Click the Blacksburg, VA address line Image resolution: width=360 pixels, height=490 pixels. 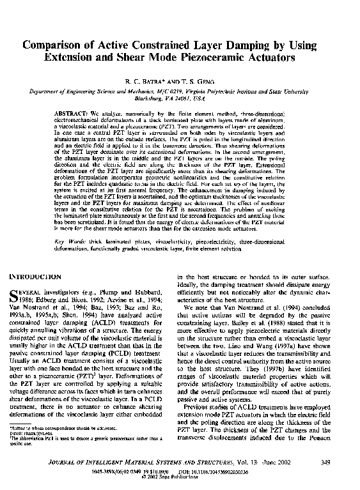[x=180, y=99]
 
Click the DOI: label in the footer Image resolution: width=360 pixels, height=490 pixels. [x=207, y=472]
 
